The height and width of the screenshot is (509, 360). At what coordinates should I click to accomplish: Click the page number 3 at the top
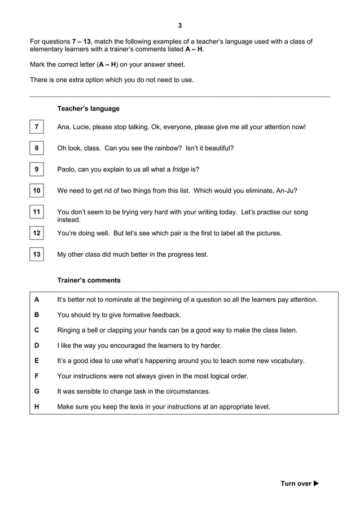coord(180,25)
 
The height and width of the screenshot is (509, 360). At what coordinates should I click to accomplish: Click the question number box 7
coord(36,127)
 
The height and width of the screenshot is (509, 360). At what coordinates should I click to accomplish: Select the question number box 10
coord(36,191)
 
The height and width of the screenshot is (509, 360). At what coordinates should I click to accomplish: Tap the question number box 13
coord(36,254)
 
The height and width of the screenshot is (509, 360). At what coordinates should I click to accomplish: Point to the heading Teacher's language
coord(88,108)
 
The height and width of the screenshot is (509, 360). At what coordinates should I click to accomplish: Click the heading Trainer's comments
coord(89,280)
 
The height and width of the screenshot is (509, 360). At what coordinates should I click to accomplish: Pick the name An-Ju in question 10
coord(287,191)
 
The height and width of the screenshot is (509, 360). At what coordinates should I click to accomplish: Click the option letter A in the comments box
coord(37,300)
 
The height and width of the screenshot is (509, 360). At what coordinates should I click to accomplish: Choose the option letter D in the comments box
coord(37,345)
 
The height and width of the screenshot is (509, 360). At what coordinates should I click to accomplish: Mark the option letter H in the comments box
coord(37,406)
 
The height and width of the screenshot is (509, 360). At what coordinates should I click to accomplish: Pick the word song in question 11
coord(300,212)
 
